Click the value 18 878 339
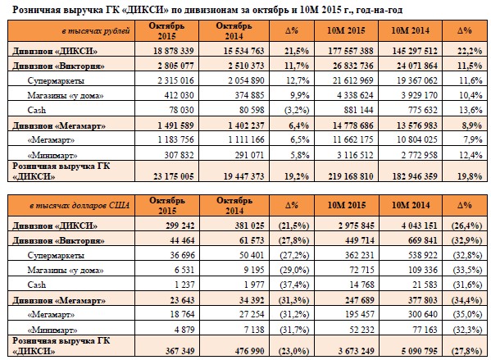coord(174,51)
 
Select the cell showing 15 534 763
coord(244,51)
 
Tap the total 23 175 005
coord(174,176)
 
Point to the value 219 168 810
coord(351,176)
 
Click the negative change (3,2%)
coord(297,110)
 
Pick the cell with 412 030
coord(180,95)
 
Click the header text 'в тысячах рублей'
coord(96,31)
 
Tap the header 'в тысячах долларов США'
coord(80,206)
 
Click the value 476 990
coord(249,351)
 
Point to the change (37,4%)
coord(294,285)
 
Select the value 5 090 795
coord(420,351)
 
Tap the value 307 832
coord(180,155)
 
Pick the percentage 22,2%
coord(470,51)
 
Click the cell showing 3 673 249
coord(356,351)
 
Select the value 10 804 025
coord(417,139)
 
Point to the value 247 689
coord(360,300)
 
